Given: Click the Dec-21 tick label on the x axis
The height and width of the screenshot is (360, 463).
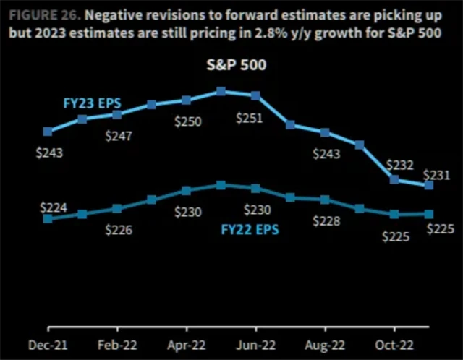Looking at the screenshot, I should pyautogui.click(x=48, y=345).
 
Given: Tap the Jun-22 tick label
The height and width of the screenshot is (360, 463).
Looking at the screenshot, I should pyautogui.click(x=256, y=345).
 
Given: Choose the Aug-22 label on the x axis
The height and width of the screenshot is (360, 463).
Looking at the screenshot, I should pyautogui.click(x=326, y=345).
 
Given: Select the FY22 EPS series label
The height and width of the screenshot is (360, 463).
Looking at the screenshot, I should pyautogui.click(x=250, y=231).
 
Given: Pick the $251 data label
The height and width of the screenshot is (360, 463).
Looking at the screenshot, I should pyautogui.click(x=250, y=118).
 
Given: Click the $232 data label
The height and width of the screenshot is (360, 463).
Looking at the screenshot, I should pyautogui.click(x=397, y=165).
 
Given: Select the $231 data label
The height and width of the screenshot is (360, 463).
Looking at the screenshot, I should pyautogui.click(x=438, y=175).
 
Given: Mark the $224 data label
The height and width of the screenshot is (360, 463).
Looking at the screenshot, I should pyautogui.click(x=54, y=207).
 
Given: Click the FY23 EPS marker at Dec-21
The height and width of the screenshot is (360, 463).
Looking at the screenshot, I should pyautogui.click(x=48, y=132).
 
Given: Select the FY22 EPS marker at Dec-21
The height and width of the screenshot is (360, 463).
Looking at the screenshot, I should pyautogui.click(x=48, y=218).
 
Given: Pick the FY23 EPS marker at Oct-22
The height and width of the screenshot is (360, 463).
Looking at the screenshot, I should pyautogui.click(x=394, y=179).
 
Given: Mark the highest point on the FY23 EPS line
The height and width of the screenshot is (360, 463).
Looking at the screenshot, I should pyautogui.click(x=221, y=92).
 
